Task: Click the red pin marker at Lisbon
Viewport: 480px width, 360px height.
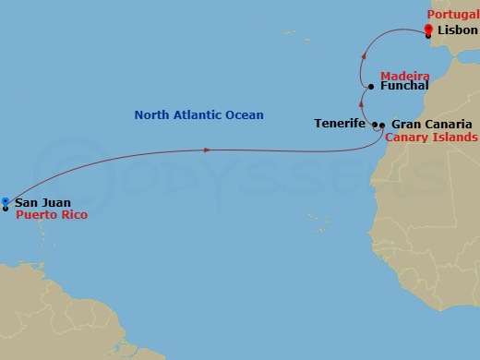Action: pyautogui.click(x=429, y=30)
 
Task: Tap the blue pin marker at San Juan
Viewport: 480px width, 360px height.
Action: pyautogui.click(x=6, y=201)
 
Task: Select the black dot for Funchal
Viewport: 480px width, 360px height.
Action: pyautogui.click(x=370, y=87)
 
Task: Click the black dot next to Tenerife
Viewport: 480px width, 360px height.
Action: pyautogui.click(x=375, y=124)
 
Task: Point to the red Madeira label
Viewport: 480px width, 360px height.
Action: pyautogui.click(x=404, y=75)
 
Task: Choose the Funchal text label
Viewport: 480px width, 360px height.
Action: pyautogui.click(x=404, y=86)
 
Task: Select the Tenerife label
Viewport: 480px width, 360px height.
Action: pyautogui.click(x=340, y=124)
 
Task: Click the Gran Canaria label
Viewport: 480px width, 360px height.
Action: pyautogui.click(x=432, y=124)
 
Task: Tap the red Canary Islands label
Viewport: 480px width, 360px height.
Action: pyautogui.click(x=431, y=137)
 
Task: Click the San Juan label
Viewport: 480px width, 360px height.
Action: pyautogui.click(x=42, y=202)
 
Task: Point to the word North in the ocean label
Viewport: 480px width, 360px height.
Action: pyautogui.click(x=152, y=115)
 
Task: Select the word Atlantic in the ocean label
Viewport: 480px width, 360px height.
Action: pyautogui.click(x=198, y=115)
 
